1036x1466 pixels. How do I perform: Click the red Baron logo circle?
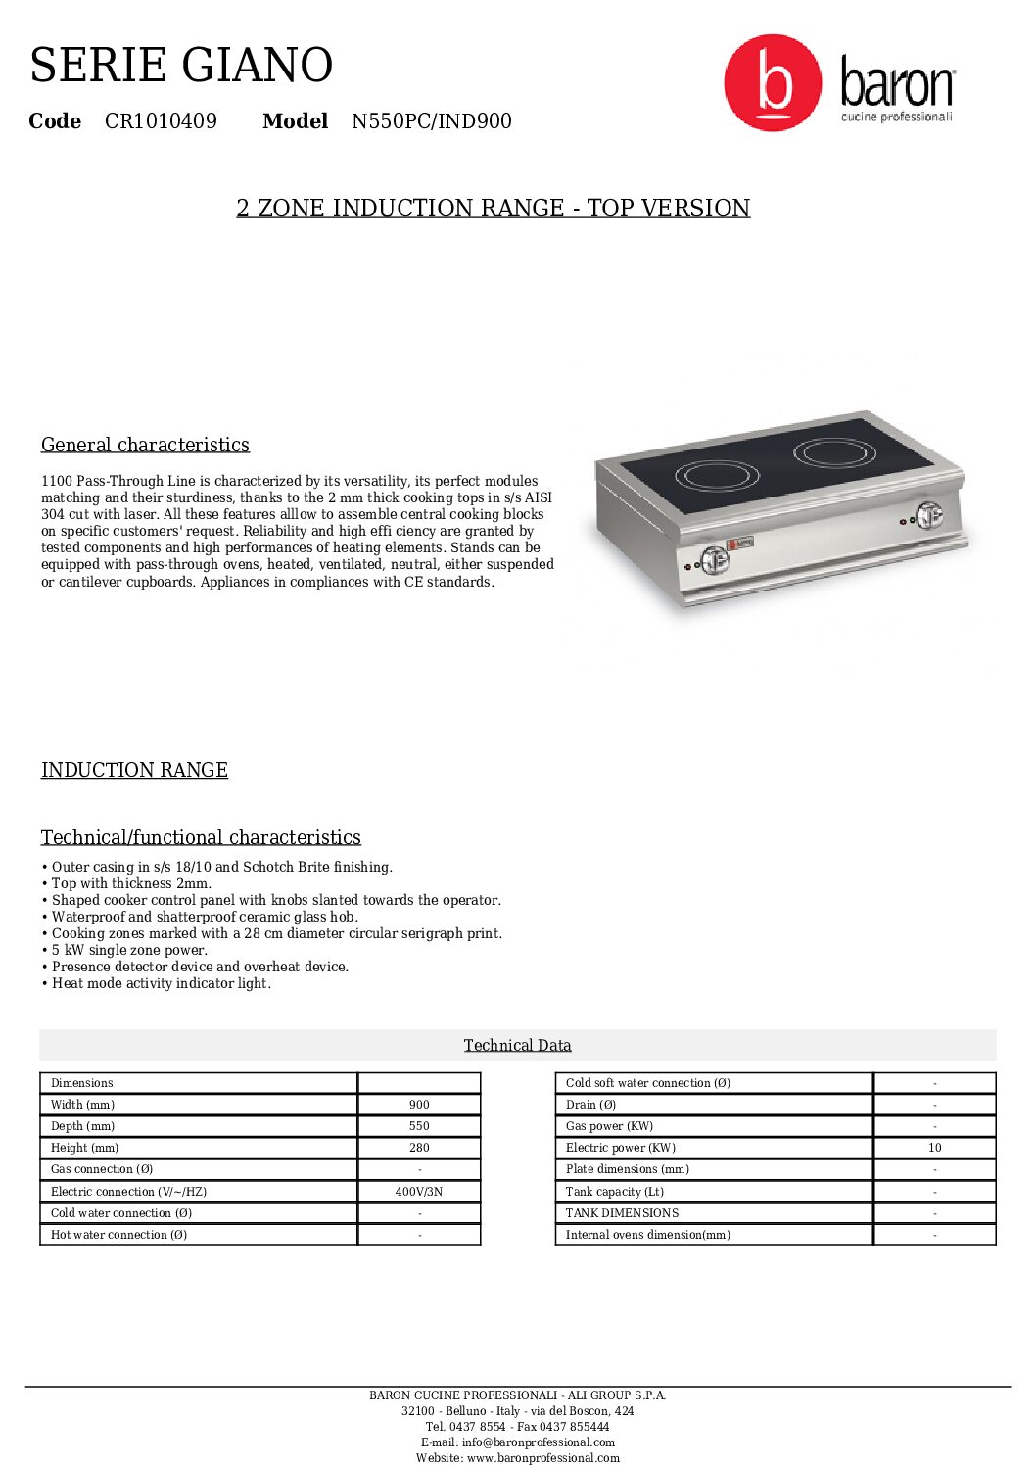pyautogui.click(x=773, y=83)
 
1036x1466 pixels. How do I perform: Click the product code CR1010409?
pyautogui.click(x=161, y=121)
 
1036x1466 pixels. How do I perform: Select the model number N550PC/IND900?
pyautogui.click(x=431, y=121)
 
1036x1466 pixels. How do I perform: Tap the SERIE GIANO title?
pyautogui.click(x=181, y=66)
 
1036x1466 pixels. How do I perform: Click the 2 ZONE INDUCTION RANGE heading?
pyautogui.click(x=494, y=209)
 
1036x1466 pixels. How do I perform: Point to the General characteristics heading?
pyautogui.click(x=145, y=445)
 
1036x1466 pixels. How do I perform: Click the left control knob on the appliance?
pyautogui.click(x=714, y=559)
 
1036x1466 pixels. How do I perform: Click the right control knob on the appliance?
pyautogui.click(x=928, y=514)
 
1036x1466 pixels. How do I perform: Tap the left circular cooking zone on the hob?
pyautogui.click(x=718, y=476)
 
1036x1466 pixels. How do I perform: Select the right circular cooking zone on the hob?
pyautogui.click(x=834, y=451)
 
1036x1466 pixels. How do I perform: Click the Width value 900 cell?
pyautogui.click(x=419, y=1105)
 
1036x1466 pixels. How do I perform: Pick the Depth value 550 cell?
pyautogui.click(x=419, y=1126)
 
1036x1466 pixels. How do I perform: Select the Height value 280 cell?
pyautogui.click(x=419, y=1148)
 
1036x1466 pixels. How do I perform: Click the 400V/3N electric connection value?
pyautogui.click(x=419, y=1192)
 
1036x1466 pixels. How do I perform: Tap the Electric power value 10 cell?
pyautogui.click(x=934, y=1148)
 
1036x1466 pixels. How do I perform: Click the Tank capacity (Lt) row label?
pyautogui.click(x=615, y=1192)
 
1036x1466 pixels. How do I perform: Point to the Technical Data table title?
pyautogui.click(x=517, y=1045)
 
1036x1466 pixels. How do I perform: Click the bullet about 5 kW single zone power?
pyautogui.click(x=129, y=950)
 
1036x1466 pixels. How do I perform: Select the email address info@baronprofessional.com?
pyautogui.click(x=539, y=1442)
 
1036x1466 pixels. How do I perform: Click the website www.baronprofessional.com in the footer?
pyautogui.click(x=542, y=1458)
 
